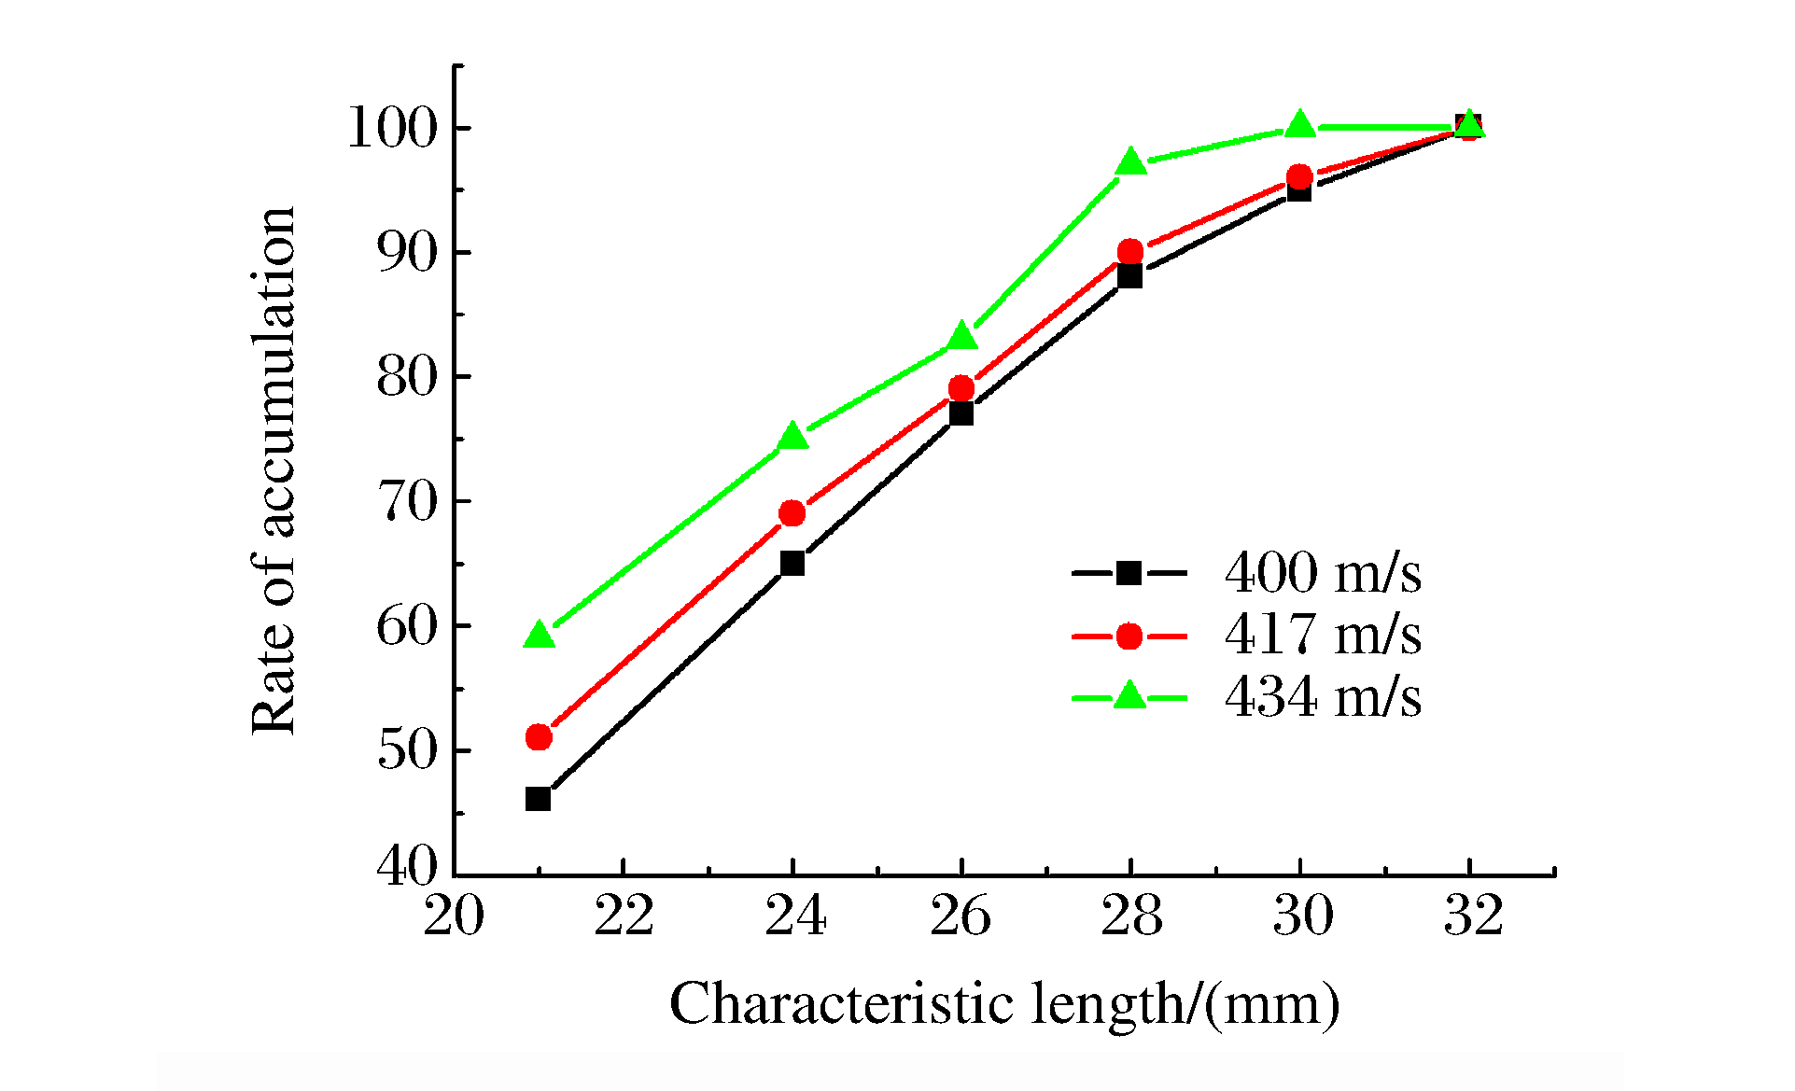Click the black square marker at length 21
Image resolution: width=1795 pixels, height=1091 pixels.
coord(538,799)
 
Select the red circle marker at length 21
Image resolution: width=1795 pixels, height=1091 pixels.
coord(539,737)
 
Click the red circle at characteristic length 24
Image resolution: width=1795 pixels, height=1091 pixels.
coord(792,512)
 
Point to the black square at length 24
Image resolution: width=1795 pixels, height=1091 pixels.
coord(792,563)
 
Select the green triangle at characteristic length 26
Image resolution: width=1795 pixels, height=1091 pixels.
coord(962,337)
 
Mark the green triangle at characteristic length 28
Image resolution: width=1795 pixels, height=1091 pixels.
coord(1131,162)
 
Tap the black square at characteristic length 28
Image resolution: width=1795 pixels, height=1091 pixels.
coord(1129,275)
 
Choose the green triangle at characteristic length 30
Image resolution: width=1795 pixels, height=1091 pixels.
coord(1300,124)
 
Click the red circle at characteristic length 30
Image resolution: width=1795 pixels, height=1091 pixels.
coord(1299,177)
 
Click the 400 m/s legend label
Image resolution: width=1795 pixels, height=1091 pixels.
coord(1323,572)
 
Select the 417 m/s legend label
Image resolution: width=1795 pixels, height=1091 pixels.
coord(1323,635)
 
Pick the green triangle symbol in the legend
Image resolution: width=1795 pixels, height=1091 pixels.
coord(1129,696)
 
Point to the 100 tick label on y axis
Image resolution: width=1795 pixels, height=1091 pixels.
coord(392,128)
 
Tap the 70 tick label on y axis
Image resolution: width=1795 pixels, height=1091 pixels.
coord(407,502)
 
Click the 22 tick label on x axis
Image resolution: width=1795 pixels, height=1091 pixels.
coord(624,916)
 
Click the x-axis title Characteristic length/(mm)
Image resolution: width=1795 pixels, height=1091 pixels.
coord(1004,1005)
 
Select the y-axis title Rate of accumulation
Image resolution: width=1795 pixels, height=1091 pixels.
coord(273,471)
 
